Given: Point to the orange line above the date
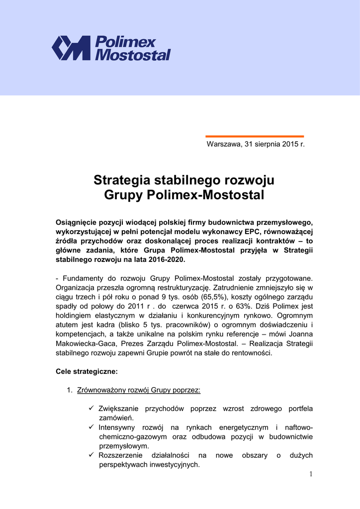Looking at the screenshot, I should (x=255, y=136).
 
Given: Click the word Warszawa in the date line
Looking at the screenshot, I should (x=224, y=144).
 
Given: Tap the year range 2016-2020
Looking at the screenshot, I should (x=162, y=260).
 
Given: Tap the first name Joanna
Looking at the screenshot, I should (x=299, y=335).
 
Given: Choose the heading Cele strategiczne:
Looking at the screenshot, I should (x=87, y=371).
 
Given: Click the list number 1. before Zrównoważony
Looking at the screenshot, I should (x=70, y=390).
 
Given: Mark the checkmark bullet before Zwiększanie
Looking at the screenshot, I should (x=91, y=409).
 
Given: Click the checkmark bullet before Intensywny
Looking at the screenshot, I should (x=91, y=427).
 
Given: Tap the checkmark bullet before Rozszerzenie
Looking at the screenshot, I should (x=91, y=455).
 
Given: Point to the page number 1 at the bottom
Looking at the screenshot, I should (x=311, y=474).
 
